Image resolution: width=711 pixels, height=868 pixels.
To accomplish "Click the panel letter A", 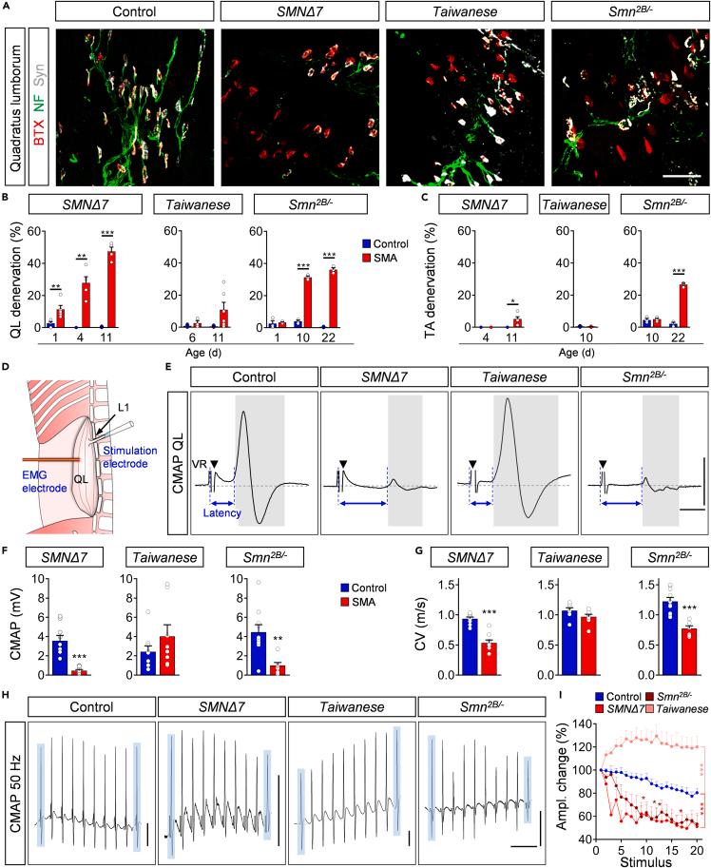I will pyautogui.click(x=7, y=7).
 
